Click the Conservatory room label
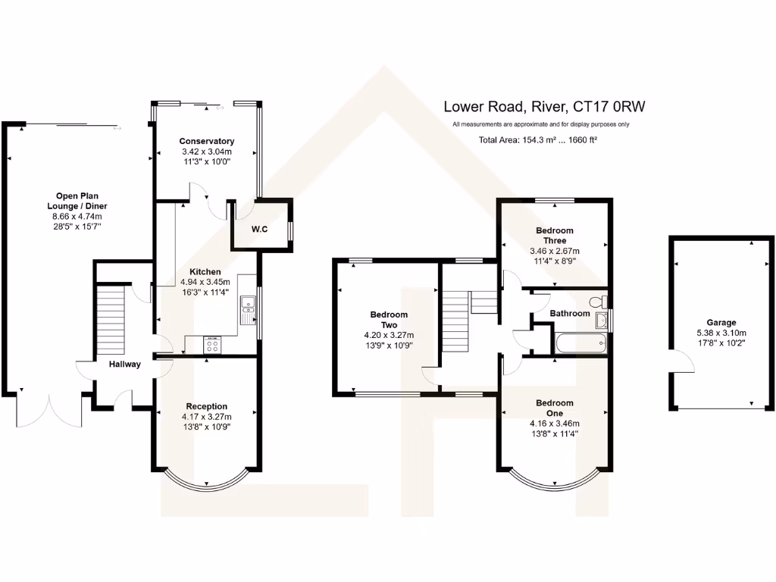click(206, 141)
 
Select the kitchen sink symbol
click(248, 308)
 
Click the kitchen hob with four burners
click(213, 345)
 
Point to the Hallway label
click(124, 364)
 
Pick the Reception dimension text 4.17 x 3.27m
click(206, 417)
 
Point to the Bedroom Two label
click(389, 319)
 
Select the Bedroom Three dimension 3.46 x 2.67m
click(555, 251)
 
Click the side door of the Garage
click(681, 363)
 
